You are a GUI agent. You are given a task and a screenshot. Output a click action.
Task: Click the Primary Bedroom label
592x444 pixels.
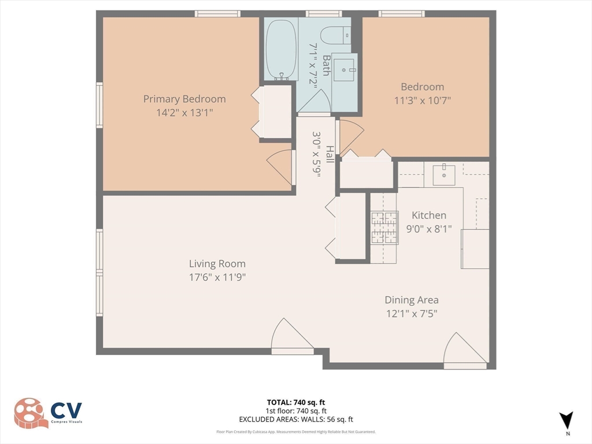pyautogui.click(x=184, y=99)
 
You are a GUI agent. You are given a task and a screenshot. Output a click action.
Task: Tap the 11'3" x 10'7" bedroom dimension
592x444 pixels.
pyautogui.click(x=423, y=100)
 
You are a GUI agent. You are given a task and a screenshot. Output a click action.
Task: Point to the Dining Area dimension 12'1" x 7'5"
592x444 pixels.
pyautogui.click(x=412, y=313)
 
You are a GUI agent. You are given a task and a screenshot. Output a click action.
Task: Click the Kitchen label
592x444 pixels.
pyautogui.click(x=428, y=215)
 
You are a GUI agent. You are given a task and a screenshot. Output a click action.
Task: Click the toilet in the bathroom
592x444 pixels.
pyautogui.click(x=334, y=35)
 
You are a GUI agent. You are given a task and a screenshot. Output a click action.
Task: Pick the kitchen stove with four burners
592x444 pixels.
pyautogui.click(x=384, y=227)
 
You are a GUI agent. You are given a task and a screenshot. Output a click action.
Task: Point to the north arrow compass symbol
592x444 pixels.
pyautogui.click(x=567, y=421)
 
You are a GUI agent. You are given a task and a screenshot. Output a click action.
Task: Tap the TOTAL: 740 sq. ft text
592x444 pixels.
pyautogui.click(x=295, y=402)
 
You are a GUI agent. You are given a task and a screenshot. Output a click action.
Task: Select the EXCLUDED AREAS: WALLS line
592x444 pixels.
pyautogui.click(x=295, y=419)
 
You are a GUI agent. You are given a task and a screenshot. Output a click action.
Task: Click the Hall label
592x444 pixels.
pyautogui.click(x=329, y=154)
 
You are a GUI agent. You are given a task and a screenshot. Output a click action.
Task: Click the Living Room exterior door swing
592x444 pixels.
pyautogui.click(x=291, y=335)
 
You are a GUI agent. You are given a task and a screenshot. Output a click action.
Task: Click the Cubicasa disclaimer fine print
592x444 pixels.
pyautogui.click(x=295, y=432)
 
